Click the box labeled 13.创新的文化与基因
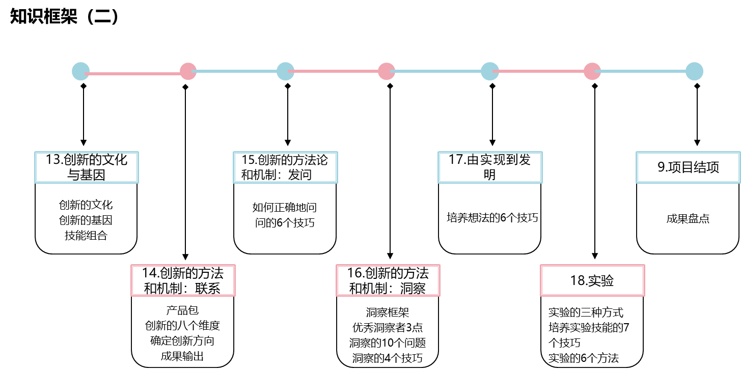tap(87, 167)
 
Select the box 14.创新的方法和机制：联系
tap(183, 280)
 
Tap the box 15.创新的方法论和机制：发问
tap(285, 167)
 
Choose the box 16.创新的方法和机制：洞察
tap(388, 280)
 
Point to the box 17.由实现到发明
tap(490, 167)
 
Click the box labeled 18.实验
tap(592, 280)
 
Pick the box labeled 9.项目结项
tap(688, 167)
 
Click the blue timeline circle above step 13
tap(80, 71)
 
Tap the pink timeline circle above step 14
tap(188, 71)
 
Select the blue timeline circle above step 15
tap(285, 71)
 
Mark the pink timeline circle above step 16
tap(387, 71)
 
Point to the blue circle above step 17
tap(489, 71)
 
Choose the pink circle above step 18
tap(592, 71)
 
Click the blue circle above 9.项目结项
tap(694, 71)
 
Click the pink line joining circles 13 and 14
tap(134, 74)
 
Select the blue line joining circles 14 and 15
tap(237, 71)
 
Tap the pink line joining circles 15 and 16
tap(336, 72)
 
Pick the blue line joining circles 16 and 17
tap(438, 71)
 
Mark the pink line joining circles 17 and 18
tap(541, 72)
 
